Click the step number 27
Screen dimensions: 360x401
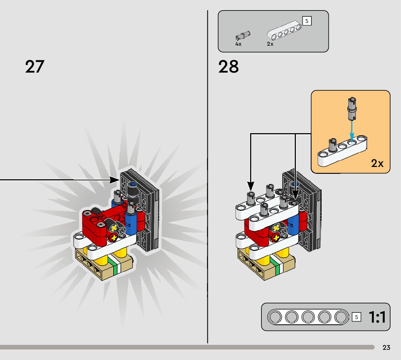pos(34,67)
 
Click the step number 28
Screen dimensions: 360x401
pos(228,67)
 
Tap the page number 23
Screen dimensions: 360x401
pos(386,348)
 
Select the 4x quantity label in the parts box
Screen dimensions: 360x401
pos(238,44)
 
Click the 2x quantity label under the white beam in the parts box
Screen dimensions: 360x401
pos(270,44)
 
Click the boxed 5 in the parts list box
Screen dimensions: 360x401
pos(307,21)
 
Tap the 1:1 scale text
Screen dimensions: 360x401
pos(377,317)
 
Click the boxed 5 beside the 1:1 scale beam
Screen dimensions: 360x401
pos(356,317)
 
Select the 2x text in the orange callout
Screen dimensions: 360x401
pos(377,164)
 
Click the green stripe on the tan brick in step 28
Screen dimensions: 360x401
pos(278,268)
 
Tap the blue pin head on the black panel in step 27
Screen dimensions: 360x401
pos(132,185)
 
